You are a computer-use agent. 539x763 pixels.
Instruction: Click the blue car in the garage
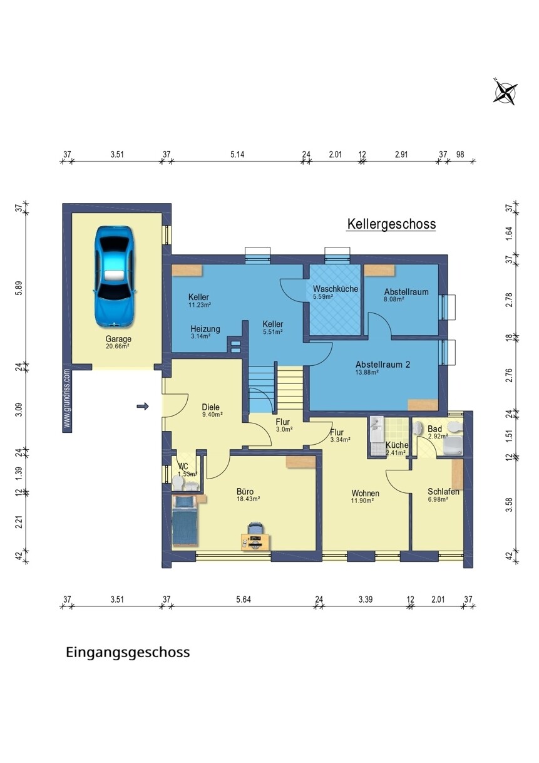point(115,277)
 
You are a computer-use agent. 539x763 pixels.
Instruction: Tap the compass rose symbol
point(505,91)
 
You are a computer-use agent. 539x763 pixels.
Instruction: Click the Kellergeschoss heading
point(391,224)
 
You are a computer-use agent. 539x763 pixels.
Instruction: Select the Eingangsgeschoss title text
point(128,653)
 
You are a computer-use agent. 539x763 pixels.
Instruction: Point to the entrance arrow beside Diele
point(143,406)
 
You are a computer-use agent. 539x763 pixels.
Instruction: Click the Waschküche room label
point(336,289)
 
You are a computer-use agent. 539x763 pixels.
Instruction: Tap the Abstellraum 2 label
point(382,364)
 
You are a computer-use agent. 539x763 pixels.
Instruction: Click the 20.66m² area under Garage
point(118,346)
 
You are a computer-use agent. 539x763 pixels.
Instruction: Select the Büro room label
point(245,492)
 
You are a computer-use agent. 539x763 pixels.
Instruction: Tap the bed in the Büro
point(185,520)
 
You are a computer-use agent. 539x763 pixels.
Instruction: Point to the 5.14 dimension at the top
point(237,154)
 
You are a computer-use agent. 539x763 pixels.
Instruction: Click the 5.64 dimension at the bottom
point(244,599)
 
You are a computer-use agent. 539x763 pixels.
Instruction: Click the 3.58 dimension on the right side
point(509,504)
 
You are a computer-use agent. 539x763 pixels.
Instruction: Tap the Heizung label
point(205,329)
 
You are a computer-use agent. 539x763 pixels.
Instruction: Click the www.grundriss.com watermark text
point(67,398)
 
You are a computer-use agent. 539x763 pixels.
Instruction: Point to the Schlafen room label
point(443,492)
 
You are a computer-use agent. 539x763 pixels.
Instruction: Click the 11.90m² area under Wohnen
point(362,501)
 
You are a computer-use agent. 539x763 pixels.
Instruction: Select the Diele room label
point(210,407)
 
